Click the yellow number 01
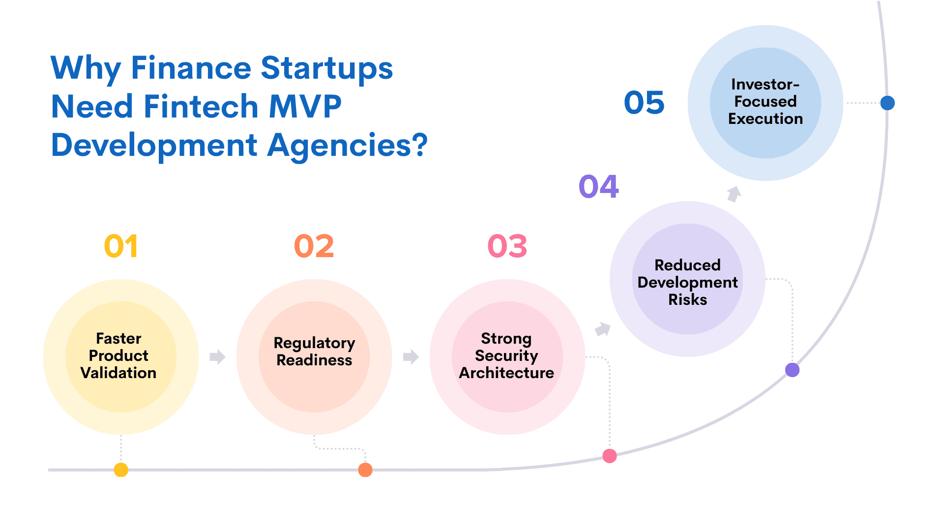[x=121, y=246]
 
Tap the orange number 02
[x=314, y=246]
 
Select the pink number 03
[x=507, y=246]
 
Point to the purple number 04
[x=599, y=186]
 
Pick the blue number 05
[x=644, y=103]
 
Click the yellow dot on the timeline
[x=121, y=470]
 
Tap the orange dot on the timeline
[x=365, y=470]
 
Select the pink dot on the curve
[x=610, y=456]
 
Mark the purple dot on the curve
[x=792, y=370]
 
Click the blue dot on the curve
[x=887, y=103]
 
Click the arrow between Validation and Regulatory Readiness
[x=217, y=356]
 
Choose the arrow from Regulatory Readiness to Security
[x=411, y=356]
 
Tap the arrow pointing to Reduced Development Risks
[x=603, y=329]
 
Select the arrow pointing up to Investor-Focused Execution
[x=734, y=194]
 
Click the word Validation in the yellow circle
[x=118, y=373]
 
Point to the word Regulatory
[x=314, y=343]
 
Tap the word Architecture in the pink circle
[x=506, y=373]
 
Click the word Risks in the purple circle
[x=687, y=299]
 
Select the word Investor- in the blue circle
[x=765, y=84]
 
